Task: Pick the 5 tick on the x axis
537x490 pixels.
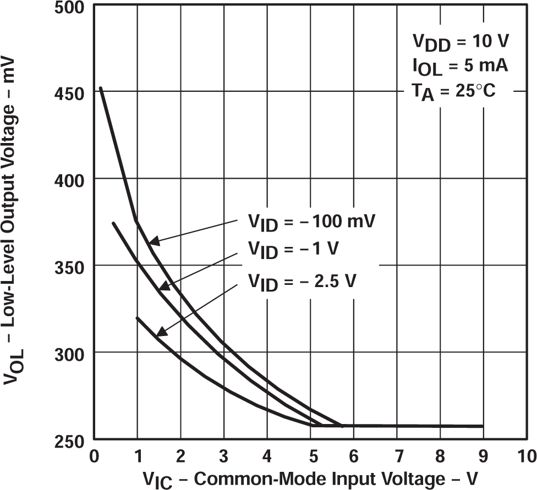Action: pyautogui.click(x=310, y=456)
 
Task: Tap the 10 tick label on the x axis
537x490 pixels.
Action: pyautogui.click(x=527, y=456)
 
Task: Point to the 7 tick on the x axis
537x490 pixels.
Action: pyautogui.click(x=397, y=456)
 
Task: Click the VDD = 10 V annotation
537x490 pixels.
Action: pyautogui.click(x=461, y=42)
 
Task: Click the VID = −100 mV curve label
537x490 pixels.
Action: pyautogui.click(x=310, y=223)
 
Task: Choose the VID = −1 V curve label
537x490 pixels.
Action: pyautogui.click(x=293, y=250)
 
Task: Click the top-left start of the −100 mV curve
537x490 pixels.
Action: pyautogui.click(x=100, y=88)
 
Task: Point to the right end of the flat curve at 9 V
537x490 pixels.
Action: pyautogui.click(x=483, y=426)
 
